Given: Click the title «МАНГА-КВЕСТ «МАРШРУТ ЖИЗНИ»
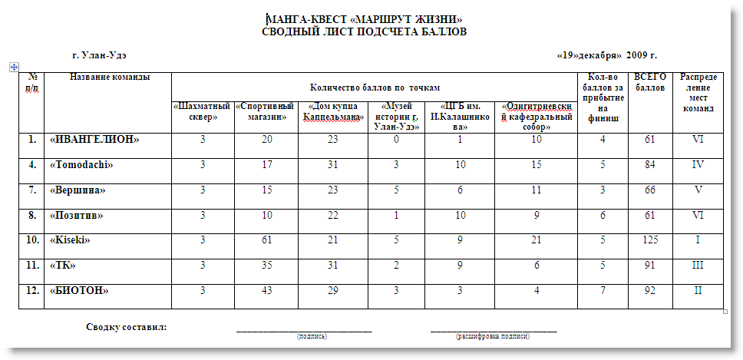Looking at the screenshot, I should [364, 19].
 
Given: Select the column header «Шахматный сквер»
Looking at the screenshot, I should [201, 111].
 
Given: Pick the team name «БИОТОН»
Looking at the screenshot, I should [79, 291].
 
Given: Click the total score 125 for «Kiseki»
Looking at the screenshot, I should [650, 240].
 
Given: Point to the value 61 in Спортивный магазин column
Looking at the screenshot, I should [266, 240].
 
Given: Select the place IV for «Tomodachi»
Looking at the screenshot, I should [698, 165].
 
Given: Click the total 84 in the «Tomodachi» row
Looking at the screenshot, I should [650, 165].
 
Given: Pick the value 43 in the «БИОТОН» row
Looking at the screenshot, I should [266, 291].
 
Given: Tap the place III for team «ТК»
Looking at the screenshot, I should [698, 266].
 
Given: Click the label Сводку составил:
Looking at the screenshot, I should [127, 327].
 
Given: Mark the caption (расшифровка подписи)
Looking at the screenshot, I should [493, 336].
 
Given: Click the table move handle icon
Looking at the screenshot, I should [13, 68].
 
